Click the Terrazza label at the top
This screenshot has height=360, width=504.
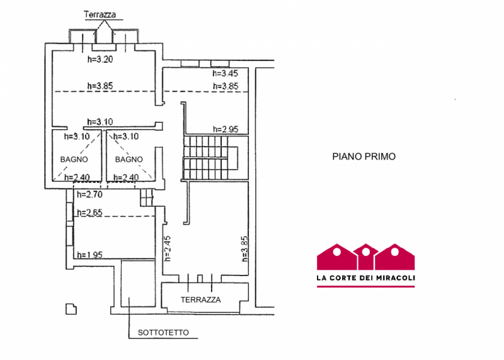pos(100,15)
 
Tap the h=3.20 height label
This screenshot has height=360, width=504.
pos(100,59)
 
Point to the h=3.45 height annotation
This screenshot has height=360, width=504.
pos(226,73)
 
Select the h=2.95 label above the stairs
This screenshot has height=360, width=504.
pos(226,129)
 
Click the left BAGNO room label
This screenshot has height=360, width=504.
pos(74,160)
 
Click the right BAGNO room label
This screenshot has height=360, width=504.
pos(129,160)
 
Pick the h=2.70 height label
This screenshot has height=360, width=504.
pos(89,195)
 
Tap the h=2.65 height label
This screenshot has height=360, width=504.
pos(89,212)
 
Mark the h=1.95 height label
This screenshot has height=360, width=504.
pos(89,255)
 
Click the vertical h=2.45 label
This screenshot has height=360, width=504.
pos(168,248)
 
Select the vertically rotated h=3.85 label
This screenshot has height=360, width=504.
pos(244,248)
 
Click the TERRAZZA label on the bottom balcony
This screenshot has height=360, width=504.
pos(200,300)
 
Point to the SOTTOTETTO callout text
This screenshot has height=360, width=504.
pos(163,333)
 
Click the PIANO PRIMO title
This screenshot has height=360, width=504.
pos(364,157)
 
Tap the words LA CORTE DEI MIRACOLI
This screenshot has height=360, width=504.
pos(366,277)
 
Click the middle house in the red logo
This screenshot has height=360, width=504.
pos(366,257)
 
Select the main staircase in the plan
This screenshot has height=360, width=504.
pos(210,158)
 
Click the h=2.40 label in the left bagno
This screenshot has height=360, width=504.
pos(77,178)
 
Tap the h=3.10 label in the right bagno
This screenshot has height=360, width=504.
pos(126,136)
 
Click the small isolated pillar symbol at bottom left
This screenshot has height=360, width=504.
pos(71,309)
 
